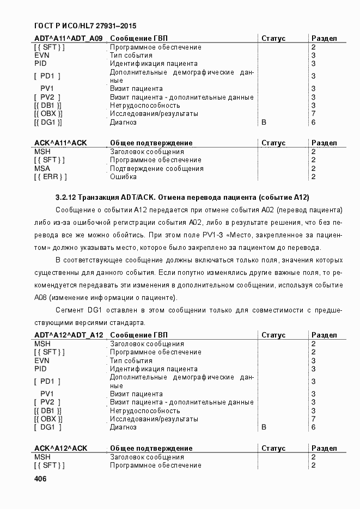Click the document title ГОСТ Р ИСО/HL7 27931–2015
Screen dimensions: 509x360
click(85, 26)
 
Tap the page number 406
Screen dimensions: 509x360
click(40, 479)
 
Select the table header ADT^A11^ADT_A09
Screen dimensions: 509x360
click(68, 39)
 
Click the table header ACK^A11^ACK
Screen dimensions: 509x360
click(60, 143)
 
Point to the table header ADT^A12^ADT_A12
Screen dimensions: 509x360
click(69, 335)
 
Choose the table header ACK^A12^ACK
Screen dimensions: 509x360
click(60, 449)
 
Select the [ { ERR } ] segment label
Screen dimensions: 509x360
click(51, 177)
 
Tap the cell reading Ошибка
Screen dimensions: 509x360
click(123, 177)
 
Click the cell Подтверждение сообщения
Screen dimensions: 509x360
click(150, 169)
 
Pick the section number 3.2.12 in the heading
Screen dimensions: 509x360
click(66, 197)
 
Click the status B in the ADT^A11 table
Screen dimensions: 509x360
click(264, 122)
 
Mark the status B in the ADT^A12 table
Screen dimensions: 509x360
click(264, 428)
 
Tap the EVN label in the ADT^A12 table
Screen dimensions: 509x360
click(42, 360)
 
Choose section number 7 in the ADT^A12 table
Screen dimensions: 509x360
click(313, 419)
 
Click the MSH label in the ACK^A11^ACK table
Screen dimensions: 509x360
click(42, 152)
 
